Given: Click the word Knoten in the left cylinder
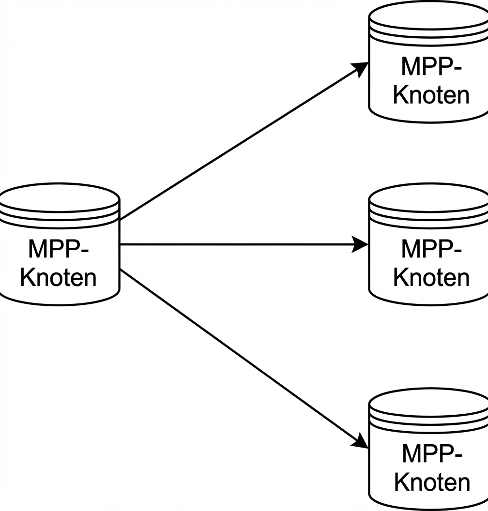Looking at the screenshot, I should click(x=59, y=278).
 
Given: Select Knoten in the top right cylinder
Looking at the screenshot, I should click(x=431, y=95).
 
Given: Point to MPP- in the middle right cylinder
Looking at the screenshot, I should click(x=431, y=249).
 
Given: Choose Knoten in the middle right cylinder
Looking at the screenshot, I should click(x=431, y=278).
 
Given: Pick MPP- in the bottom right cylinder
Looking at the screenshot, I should click(x=432, y=453).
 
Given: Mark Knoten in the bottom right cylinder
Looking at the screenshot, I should click(x=432, y=482).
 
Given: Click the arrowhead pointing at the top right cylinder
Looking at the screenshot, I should click(x=360, y=68).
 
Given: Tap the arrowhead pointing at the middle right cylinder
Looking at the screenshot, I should click(x=360, y=245).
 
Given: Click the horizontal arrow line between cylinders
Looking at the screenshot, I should click(x=237, y=245).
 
